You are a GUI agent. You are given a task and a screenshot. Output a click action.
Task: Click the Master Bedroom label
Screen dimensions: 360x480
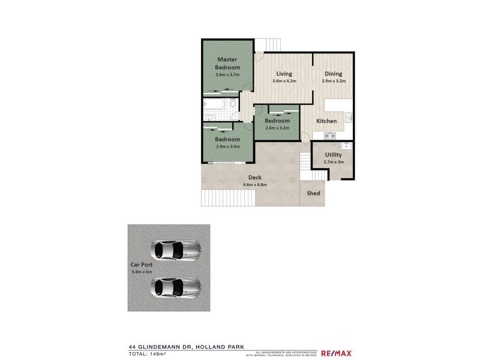pos(227,64)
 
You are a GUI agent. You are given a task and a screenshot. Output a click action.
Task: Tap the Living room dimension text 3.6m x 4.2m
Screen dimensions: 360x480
pos(284,81)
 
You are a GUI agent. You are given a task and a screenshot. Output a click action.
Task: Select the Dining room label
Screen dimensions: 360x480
pos(334,74)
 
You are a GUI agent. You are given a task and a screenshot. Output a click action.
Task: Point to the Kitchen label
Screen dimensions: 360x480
pos(326,121)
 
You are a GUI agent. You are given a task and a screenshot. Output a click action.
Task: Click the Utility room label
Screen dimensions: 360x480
pos(333,155)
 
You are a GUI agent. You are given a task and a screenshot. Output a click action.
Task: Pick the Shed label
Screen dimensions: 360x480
pos(313,194)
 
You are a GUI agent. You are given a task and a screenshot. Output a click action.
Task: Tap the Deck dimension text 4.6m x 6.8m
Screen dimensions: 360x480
pos(254,185)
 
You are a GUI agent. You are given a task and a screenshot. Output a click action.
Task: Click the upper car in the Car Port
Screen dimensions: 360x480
pos(176,249)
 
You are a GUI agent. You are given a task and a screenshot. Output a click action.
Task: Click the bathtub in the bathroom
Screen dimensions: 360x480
pos(215,106)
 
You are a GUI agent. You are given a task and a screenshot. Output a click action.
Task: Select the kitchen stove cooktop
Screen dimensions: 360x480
pos(329,136)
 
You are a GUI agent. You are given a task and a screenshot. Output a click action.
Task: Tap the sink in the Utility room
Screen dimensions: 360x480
pos(346,146)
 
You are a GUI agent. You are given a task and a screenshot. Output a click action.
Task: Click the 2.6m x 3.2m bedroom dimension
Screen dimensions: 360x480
pos(277,128)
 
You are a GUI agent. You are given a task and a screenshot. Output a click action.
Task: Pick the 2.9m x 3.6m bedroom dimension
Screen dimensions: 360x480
pos(227,147)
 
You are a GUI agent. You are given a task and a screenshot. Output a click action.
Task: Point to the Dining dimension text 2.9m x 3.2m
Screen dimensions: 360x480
pos(334,81)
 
